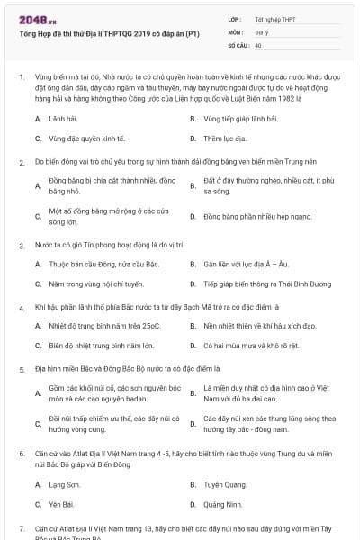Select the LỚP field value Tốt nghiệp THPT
pos(276,19)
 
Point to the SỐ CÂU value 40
pos(258,44)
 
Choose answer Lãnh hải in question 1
pos(63,118)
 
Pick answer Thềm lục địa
pos(225,139)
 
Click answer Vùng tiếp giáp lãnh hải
pos(238,118)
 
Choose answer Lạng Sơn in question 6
pos(64,483)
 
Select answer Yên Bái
pos(60,504)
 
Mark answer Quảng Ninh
pos(223,504)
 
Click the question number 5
pos(21,369)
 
